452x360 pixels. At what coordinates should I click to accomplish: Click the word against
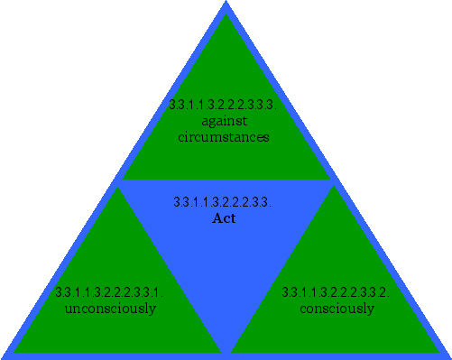[x=224, y=121]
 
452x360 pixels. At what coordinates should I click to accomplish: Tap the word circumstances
[x=224, y=137]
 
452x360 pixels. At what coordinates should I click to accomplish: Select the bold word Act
[x=223, y=218]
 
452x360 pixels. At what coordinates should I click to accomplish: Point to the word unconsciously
[x=110, y=309]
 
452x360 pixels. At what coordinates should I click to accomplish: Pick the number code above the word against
[x=222, y=105]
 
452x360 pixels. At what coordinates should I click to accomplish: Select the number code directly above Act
[x=222, y=202]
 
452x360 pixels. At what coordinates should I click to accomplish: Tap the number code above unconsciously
[x=109, y=292]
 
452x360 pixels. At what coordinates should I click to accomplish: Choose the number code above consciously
[x=336, y=292]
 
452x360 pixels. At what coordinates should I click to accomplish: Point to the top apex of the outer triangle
[x=226, y=3]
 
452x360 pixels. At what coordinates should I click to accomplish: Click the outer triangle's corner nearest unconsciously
[x=4, y=355]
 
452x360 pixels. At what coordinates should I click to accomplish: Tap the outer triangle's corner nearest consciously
[x=448, y=355]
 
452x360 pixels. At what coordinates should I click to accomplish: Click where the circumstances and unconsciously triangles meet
[x=117, y=183]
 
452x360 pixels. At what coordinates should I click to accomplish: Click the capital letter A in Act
[x=216, y=218]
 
